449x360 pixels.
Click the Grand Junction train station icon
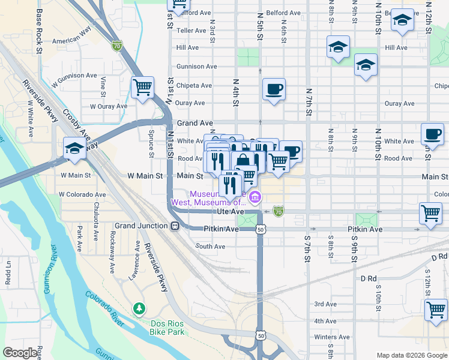click(175, 226)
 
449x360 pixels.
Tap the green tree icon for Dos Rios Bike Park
click(139, 308)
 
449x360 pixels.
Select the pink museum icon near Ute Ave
click(255, 197)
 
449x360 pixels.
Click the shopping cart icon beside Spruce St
click(142, 88)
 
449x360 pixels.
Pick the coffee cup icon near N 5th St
click(274, 89)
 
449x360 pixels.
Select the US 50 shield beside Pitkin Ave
click(260, 229)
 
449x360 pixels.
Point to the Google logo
click(20, 353)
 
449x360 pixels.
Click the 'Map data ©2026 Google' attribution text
click(411, 355)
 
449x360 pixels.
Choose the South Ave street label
click(210, 247)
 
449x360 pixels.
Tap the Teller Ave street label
click(191, 30)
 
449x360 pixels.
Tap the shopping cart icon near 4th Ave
click(435, 310)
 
